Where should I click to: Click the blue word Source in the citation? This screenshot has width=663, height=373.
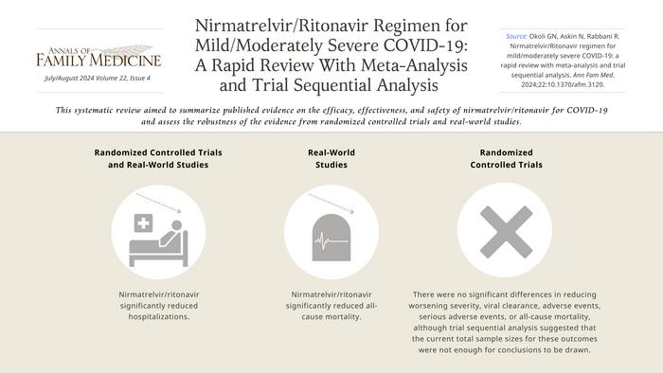click(x=517, y=36)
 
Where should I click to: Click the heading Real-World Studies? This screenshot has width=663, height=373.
click(x=325, y=157)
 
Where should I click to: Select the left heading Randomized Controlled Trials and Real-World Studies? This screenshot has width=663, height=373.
click(x=152, y=157)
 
